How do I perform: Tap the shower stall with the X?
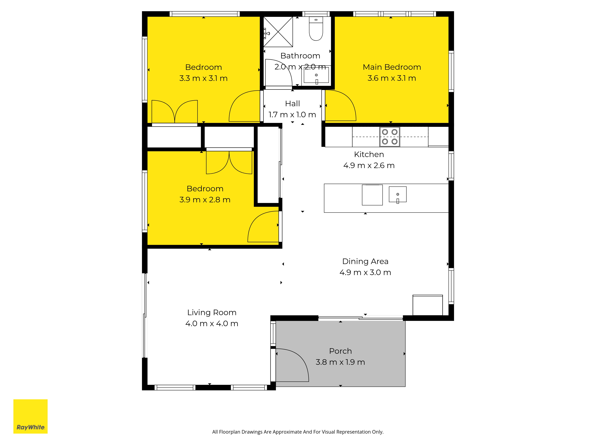278,32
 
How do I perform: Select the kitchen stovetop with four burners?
390,137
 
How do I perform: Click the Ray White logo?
30,416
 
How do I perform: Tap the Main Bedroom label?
392,67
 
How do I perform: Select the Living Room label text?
212,313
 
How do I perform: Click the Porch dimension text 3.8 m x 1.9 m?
340,362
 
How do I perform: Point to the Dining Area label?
365,261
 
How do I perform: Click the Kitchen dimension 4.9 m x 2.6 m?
369,165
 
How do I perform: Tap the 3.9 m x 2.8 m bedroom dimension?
205,200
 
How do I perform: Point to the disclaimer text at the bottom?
298,432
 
